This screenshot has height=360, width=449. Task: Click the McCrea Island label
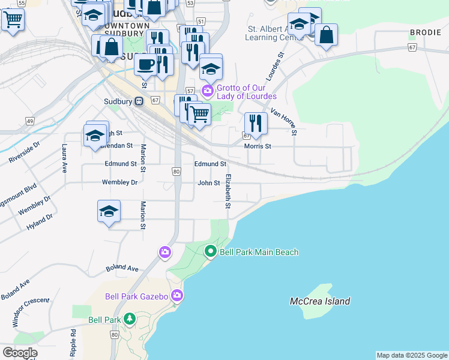(x=319, y=301)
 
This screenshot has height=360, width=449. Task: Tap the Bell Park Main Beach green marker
(x=210, y=252)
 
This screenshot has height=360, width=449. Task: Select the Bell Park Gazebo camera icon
(x=176, y=295)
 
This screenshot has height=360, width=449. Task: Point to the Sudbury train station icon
(x=139, y=101)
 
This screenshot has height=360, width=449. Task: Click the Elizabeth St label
(x=228, y=191)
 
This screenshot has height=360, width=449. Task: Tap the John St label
(x=209, y=183)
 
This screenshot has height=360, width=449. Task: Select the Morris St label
(x=258, y=146)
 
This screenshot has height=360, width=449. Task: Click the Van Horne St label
(x=284, y=122)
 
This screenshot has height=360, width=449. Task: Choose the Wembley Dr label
(x=119, y=182)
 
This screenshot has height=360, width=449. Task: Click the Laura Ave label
(x=64, y=158)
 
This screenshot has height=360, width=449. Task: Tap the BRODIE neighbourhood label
(x=426, y=32)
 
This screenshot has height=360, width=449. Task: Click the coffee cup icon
(x=145, y=64)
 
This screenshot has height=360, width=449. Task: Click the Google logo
(x=20, y=353)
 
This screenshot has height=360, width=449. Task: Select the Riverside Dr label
(x=24, y=153)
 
